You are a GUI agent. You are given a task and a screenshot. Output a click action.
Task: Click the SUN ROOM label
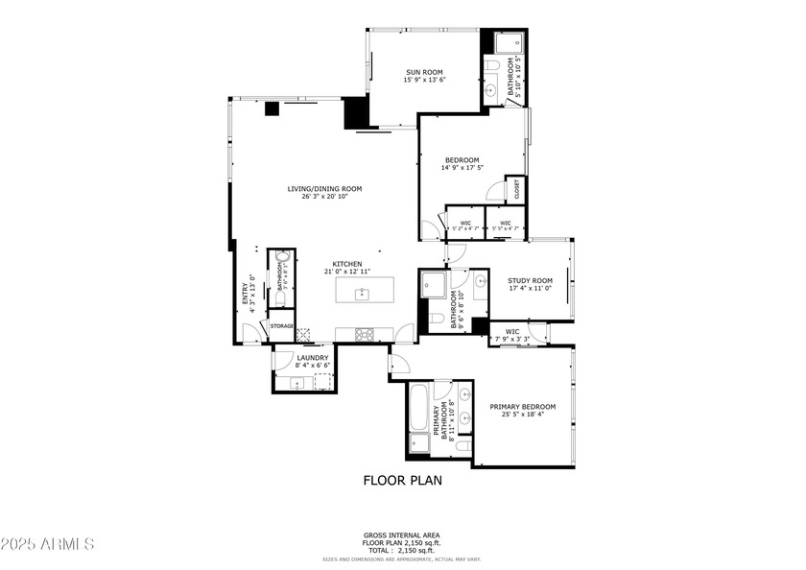point(422,72)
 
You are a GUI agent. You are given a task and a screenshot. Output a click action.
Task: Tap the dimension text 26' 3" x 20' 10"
point(324,197)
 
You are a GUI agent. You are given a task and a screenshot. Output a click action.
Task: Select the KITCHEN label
point(346,264)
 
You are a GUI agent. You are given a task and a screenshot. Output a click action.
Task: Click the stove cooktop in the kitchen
point(366,334)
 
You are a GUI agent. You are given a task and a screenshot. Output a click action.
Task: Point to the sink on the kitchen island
point(363,292)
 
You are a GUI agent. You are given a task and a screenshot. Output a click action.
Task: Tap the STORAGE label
point(281,326)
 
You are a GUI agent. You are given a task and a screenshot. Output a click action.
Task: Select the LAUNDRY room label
point(299,358)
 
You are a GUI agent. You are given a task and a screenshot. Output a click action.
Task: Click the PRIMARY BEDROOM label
point(523,407)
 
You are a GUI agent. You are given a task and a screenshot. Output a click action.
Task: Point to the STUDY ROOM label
point(530,280)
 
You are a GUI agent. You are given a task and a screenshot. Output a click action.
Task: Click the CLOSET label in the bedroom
point(516,190)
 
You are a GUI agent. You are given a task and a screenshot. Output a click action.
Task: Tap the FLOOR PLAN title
point(402,481)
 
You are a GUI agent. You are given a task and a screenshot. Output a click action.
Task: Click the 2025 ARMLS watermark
point(47,544)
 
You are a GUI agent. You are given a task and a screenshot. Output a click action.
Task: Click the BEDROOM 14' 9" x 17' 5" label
point(462,160)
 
